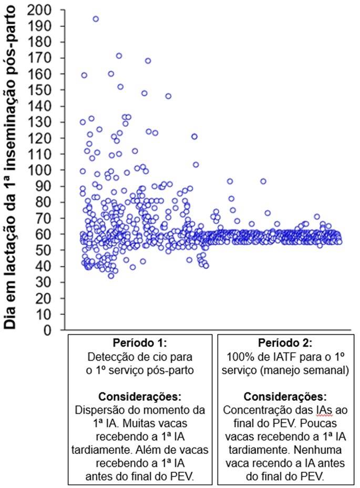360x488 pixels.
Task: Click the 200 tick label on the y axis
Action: pyautogui.click(x=42, y=10)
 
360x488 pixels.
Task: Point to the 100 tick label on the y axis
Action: pyautogui.click(x=42, y=170)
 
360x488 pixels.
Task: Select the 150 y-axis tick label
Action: pyautogui.click(x=42, y=90)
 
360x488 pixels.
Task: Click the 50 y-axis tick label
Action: pyautogui.click(x=46, y=250)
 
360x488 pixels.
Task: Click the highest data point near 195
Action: pyautogui.click(x=96, y=18)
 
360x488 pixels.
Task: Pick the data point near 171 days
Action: pyautogui.click(x=119, y=56)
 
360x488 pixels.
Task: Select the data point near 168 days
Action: pyautogui.click(x=148, y=60)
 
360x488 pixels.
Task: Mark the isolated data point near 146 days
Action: pyautogui.click(x=168, y=96)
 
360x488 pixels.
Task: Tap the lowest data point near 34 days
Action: pyautogui.click(x=111, y=276)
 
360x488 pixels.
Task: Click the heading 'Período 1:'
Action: pyautogui.click(x=139, y=344)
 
